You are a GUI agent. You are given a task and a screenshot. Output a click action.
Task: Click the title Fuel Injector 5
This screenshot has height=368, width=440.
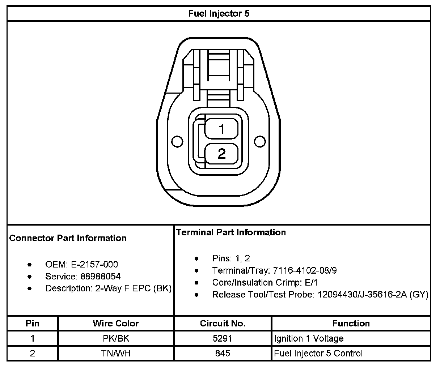pyautogui.click(x=219, y=14)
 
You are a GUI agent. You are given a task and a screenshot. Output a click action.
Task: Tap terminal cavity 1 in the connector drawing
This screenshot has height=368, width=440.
pyautogui.click(x=221, y=129)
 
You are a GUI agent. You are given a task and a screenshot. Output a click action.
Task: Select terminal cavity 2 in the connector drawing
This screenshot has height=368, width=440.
pyautogui.click(x=221, y=154)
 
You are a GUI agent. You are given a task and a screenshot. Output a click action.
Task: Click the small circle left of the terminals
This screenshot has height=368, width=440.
pyautogui.click(x=177, y=141)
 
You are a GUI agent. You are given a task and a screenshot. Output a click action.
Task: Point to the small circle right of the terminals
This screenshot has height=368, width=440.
pyautogui.click(x=260, y=141)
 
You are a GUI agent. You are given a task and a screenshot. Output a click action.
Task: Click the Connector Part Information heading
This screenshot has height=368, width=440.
pyautogui.click(x=68, y=238)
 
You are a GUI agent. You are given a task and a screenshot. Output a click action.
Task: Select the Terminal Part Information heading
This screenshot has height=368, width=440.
pyautogui.click(x=231, y=232)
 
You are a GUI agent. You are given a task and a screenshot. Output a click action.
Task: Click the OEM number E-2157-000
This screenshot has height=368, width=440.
pyautogui.click(x=94, y=265)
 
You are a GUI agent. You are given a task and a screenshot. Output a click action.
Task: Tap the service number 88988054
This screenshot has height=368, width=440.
pyautogui.click(x=101, y=277)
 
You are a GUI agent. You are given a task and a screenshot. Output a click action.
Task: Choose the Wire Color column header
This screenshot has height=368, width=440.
pyautogui.click(x=116, y=323)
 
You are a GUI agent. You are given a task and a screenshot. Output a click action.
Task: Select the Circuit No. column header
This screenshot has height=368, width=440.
pyautogui.click(x=223, y=323)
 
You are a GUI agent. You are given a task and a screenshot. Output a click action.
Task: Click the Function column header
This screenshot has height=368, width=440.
pyautogui.click(x=351, y=323)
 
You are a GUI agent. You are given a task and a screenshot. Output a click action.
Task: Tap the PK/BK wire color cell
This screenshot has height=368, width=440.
pyautogui.click(x=116, y=338)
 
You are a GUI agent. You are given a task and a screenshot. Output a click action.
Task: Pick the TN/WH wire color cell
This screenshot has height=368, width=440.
pyautogui.click(x=116, y=353)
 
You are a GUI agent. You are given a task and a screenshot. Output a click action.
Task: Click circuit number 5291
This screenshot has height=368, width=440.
pyautogui.click(x=223, y=338)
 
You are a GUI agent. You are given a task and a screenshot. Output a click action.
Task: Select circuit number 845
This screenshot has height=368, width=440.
pyautogui.click(x=223, y=353)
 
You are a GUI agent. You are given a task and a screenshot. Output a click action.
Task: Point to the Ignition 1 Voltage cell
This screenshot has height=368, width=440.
pyautogui.click(x=309, y=338)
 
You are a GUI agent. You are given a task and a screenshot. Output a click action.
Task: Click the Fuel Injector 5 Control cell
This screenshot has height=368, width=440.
pyautogui.click(x=318, y=353)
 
